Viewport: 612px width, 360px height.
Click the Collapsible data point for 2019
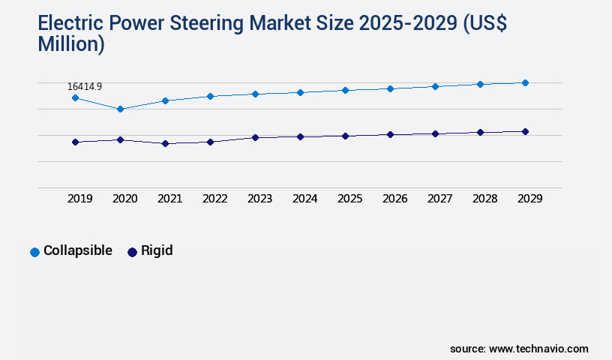75,97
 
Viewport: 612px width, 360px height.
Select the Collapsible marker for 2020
120,109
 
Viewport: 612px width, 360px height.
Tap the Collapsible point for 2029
525,82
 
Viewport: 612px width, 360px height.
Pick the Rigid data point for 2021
165,143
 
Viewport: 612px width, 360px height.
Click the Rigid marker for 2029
525,131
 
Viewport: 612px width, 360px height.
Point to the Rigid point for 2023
255,137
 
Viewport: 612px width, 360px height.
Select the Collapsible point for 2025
345,90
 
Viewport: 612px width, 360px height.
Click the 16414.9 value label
85,86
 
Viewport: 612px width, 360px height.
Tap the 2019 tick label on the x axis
79,199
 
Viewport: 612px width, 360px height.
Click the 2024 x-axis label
304,199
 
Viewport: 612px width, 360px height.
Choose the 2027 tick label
439,199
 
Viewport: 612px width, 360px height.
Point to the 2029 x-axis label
529,199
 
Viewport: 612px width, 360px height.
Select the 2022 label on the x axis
214,199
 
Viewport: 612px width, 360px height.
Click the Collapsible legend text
78,250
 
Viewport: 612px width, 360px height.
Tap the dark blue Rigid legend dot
132,252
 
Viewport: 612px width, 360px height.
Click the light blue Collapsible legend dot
34,252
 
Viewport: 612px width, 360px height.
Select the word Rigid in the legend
157,250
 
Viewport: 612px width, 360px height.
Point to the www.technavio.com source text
538,349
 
